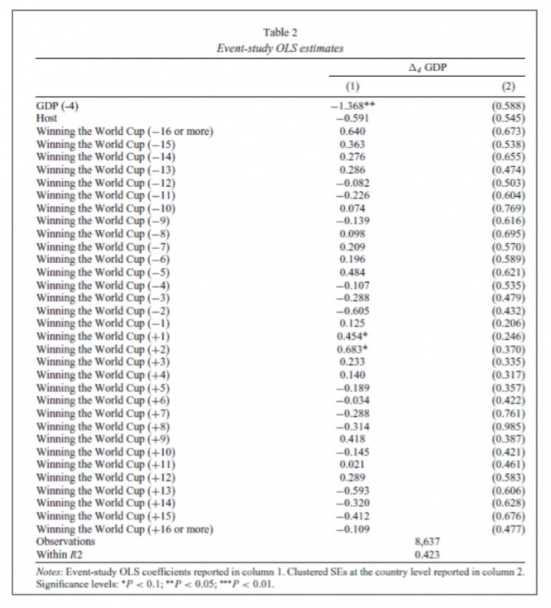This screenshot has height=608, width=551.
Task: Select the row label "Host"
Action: tap(47, 119)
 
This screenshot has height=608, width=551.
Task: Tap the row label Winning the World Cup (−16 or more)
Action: tap(124, 132)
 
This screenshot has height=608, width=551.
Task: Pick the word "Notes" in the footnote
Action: tap(50, 570)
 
